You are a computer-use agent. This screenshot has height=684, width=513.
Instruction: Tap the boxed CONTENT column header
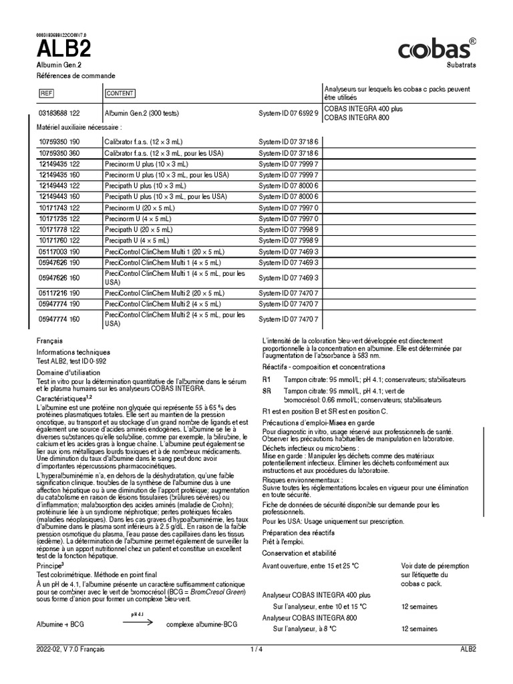(x=120, y=93)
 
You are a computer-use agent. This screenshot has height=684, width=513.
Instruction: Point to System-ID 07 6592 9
(x=289, y=113)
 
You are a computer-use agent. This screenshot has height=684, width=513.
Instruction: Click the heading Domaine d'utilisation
(x=68, y=372)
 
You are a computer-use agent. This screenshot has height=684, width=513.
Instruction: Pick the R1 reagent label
(x=267, y=379)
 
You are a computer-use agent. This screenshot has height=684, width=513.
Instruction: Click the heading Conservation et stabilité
(x=299, y=553)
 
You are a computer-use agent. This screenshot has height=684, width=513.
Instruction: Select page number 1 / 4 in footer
(x=256, y=649)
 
